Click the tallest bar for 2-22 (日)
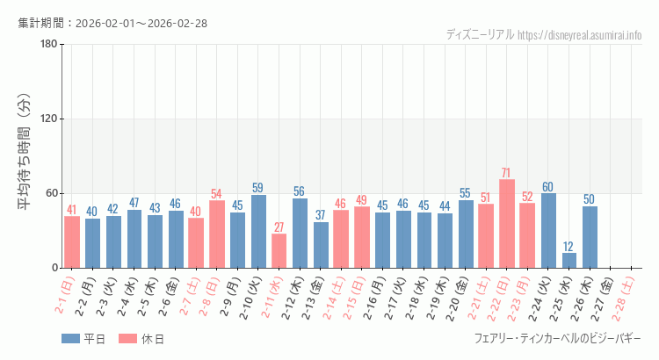click(x=507, y=224)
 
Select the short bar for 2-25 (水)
click(x=569, y=260)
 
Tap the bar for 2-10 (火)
click(x=258, y=231)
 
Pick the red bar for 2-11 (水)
click(x=279, y=251)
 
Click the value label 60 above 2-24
click(x=548, y=187)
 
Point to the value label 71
click(x=507, y=173)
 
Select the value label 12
click(x=569, y=247)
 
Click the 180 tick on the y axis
click(x=49, y=45)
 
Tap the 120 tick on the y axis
click(x=49, y=119)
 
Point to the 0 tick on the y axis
click(x=54, y=268)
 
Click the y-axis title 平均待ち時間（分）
click(x=25, y=156)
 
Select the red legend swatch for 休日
click(x=127, y=339)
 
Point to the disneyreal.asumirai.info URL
click(x=580, y=35)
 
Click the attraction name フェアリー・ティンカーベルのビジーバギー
click(x=558, y=338)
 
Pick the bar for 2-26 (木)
click(x=590, y=237)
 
